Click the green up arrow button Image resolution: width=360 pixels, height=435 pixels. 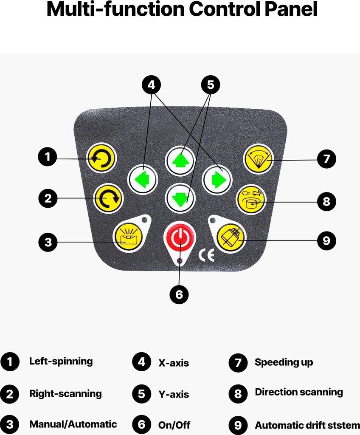(x=180, y=161)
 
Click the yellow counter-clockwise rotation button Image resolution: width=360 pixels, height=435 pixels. (x=101, y=159)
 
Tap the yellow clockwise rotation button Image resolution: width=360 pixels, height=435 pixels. (x=108, y=198)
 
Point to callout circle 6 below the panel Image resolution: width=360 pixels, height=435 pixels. (x=179, y=294)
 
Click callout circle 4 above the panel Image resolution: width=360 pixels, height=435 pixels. (x=152, y=85)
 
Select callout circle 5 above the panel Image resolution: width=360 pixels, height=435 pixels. (x=211, y=85)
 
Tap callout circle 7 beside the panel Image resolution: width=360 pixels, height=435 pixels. (x=326, y=159)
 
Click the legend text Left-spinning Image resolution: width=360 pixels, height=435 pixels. (x=61, y=362)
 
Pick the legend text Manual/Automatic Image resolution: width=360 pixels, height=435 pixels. (x=73, y=424)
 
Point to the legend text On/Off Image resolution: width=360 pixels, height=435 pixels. (x=174, y=425)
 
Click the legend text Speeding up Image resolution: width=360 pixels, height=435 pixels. (x=284, y=362)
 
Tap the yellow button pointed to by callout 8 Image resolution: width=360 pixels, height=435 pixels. (x=251, y=199)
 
